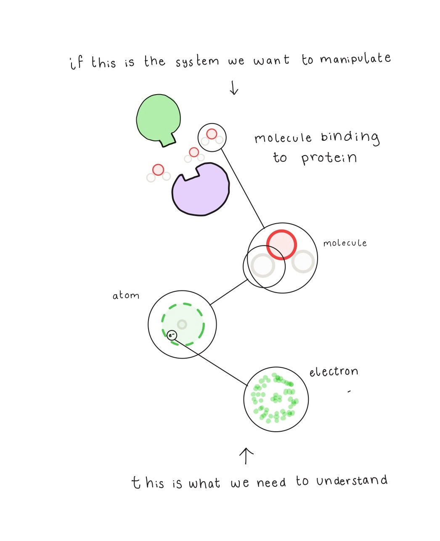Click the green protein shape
click(x=158, y=117)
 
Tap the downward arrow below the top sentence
click(x=234, y=88)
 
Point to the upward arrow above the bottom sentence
click(x=246, y=456)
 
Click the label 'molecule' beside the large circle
click(x=345, y=243)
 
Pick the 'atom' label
click(x=125, y=296)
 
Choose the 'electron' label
click(x=334, y=372)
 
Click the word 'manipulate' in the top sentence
click(x=355, y=59)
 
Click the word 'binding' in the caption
click(x=350, y=137)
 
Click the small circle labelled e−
click(x=172, y=335)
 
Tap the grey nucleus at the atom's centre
click(x=182, y=324)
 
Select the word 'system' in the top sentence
click(x=197, y=62)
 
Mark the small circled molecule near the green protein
click(x=212, y=137)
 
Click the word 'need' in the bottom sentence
click(x=271, y=483)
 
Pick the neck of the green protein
click(x=168, y=140)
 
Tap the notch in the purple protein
click(x=190, y=174)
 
